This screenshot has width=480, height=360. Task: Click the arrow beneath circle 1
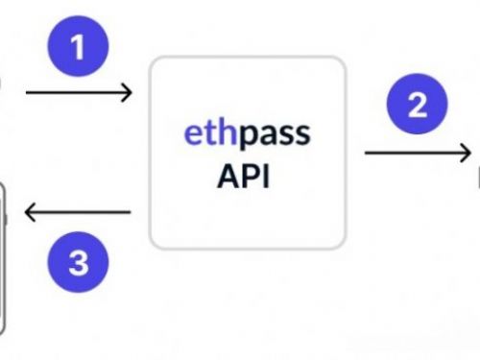pyautogui.click(x=78, y=93)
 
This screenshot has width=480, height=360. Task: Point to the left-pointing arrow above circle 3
pyautogui.click(x=77, y=212)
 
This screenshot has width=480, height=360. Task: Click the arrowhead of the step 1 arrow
pyautogui.click(x=128, y=93)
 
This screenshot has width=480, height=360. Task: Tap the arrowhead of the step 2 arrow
pyautogui.click(x=466, y=153)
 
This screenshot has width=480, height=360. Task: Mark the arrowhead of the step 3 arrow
pyautogui.click(x=29, y=212)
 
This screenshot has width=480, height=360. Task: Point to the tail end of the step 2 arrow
pyautogui.click(x=367, y=153)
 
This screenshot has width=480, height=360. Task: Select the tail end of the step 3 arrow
pyautogui.click(x=130, y=212)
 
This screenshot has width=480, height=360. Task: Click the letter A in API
pyautogui.click(x=229, y=177)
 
